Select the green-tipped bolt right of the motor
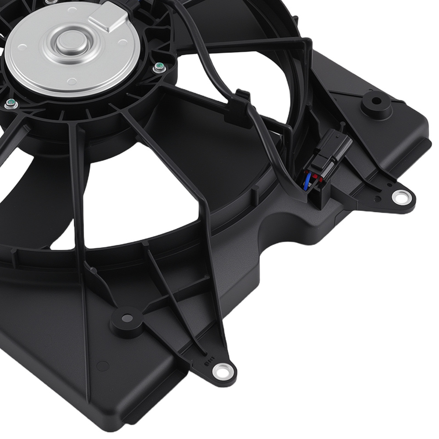(158, 68)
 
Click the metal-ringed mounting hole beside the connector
(400, 197)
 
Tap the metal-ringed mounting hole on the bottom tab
(221, 371)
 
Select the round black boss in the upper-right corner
(376, 104)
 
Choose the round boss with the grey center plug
(126, 319)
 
